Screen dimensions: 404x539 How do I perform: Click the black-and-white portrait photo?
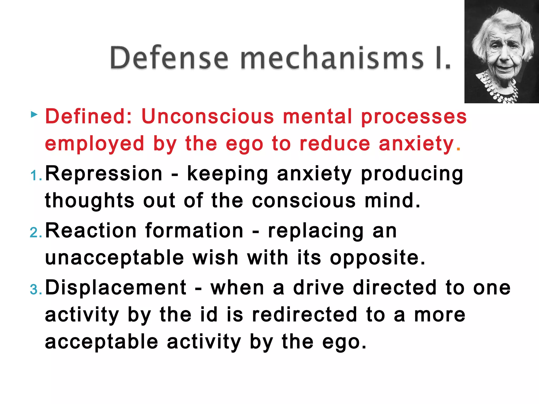point(501,52)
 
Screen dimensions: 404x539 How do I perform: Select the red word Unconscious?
point(208,117)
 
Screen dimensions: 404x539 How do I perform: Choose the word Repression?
point(104,174)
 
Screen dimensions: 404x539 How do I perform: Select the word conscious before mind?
point(304,201)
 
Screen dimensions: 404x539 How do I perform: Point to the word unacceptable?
point(114,258)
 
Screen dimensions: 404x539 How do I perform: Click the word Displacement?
point(116,287)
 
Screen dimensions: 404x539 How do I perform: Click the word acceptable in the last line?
point(102,342)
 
